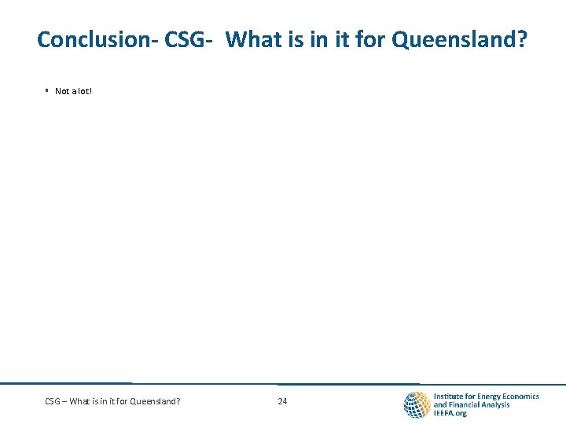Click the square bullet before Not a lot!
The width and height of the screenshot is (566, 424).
(47, 91)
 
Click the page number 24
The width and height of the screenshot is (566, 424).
(282, 401)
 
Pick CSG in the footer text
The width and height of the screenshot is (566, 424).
(53, 401)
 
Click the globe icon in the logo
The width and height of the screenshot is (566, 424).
(416, 404)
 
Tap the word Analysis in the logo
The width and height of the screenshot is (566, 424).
(497, 405)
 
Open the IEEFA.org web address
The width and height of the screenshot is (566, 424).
(450, 414)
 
